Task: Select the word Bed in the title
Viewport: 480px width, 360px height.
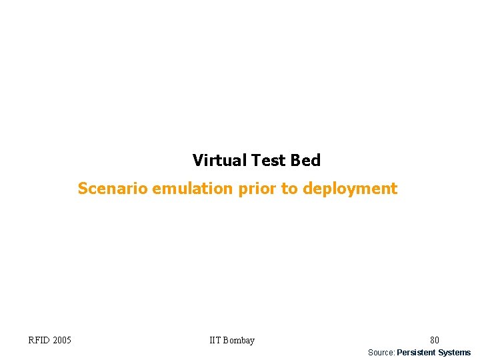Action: [305, 161]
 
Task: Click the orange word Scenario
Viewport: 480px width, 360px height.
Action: [113, 189]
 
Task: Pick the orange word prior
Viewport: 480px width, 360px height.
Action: [253, 189]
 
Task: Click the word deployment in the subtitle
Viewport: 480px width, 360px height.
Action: [350, 189]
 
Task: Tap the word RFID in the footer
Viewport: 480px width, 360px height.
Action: [39, 341]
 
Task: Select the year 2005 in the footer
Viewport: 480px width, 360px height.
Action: [61, 341]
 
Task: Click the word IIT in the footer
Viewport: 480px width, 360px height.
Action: [215, 341]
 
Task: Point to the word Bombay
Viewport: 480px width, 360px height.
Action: [239, 341]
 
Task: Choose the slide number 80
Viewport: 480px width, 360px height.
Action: [434, 341]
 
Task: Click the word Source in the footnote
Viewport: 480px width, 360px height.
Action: [381, 352]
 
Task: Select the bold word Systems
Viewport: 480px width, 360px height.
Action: [454, 352]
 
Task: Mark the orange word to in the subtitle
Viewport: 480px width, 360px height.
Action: [289, 189]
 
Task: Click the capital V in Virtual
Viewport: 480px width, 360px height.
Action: [198, 161]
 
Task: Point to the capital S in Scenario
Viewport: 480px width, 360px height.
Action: [82, 189]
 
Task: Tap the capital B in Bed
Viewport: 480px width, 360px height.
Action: [295, 161]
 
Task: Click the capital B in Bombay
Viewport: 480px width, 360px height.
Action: [227, 341]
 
